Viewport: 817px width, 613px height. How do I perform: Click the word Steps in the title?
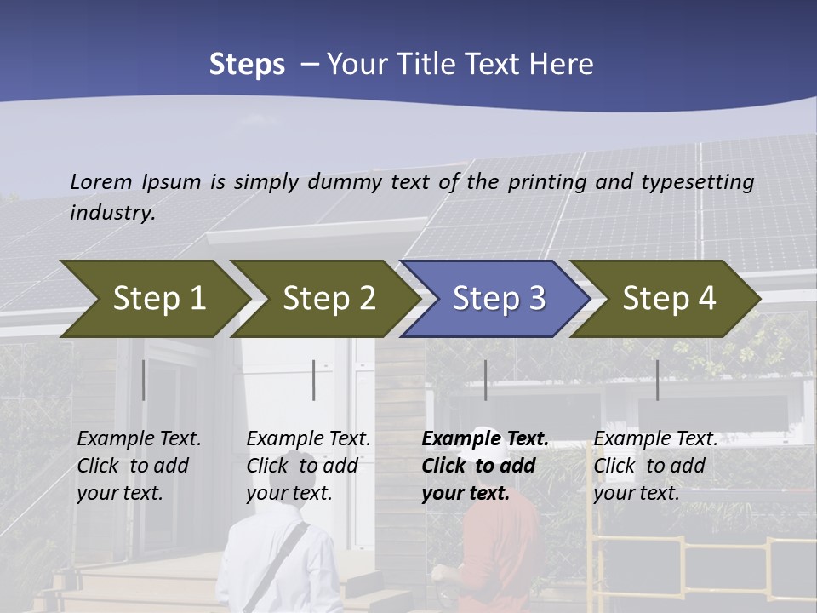click(x=247, y=64)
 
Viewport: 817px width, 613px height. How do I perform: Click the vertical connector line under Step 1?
click(x=143, y=380)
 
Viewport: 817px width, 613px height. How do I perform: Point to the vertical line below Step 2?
click(x=314, y=380)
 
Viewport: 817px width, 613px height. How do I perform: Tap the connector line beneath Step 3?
click(x=485, y=380)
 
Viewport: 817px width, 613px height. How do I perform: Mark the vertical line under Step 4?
click(x=657, y=380)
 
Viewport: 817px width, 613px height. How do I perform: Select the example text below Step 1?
click(x=138, y=466)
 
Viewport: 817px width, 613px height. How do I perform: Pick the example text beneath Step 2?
click(x=307, y=466)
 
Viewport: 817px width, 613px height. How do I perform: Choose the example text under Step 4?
click(x=654, y=466)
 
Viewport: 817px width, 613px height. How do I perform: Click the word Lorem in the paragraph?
click(x=100, y=181)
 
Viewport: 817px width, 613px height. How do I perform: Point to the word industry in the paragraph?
click(x=111, y=212)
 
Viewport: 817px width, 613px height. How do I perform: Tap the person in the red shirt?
click(x=498, y=553)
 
